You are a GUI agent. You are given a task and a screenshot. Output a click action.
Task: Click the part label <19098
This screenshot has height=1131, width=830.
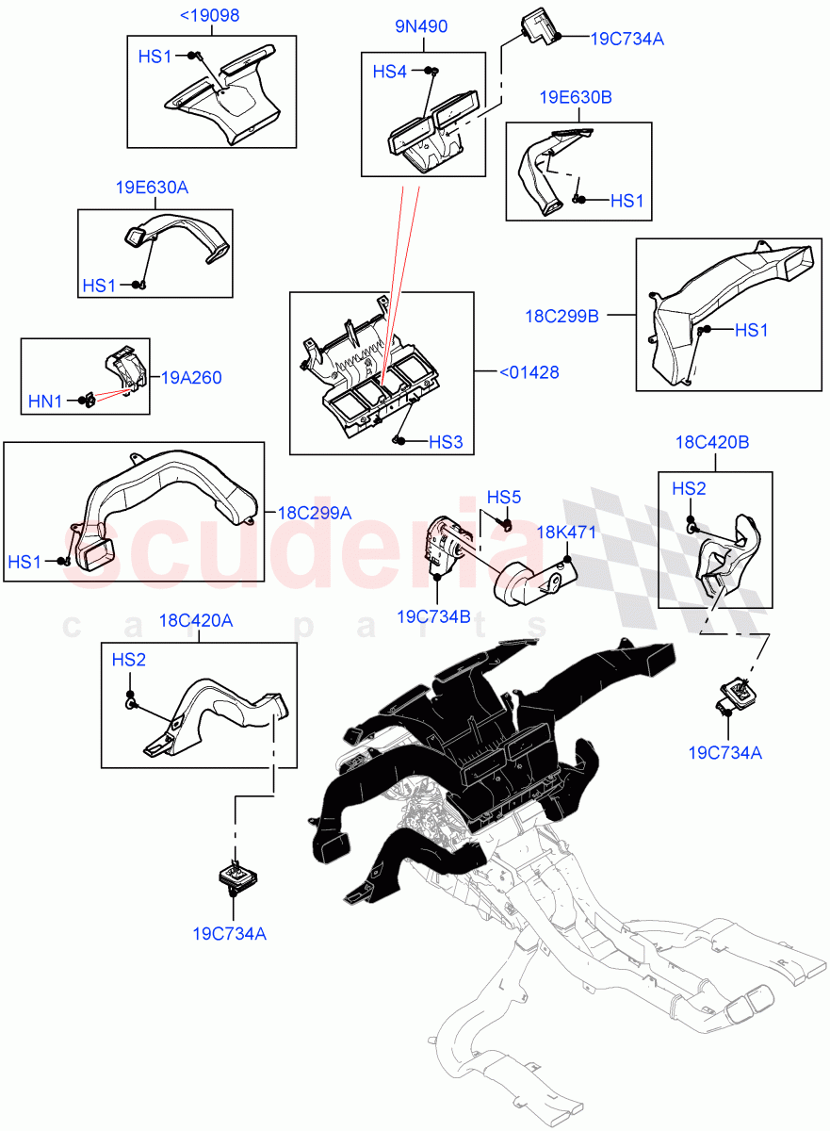[209, 16]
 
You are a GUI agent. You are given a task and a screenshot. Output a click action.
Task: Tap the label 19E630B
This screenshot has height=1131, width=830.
[577, 98]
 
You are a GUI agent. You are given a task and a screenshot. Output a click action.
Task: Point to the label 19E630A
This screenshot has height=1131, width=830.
[153, 188]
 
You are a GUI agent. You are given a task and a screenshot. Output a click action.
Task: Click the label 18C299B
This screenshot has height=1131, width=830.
[561, 316]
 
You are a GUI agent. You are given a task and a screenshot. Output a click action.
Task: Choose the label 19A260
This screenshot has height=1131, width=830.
[191, 378]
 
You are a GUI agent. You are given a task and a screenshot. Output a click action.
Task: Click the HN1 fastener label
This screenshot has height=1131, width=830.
[44, 402]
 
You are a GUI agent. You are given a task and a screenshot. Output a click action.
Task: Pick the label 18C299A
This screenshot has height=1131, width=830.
[315, 513]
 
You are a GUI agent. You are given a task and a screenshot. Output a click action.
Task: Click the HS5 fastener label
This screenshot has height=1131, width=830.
[503, 497]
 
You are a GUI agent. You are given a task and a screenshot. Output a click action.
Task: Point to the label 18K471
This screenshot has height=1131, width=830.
[566, 533]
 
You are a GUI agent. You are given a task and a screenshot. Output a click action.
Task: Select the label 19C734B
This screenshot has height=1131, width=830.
[432, 616]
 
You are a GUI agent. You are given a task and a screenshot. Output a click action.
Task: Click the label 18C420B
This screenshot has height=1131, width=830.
[712, 442]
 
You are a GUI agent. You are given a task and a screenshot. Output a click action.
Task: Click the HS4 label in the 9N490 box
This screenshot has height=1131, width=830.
[391, 72]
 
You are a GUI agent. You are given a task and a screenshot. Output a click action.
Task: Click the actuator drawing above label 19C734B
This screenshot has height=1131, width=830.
[441, 544]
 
